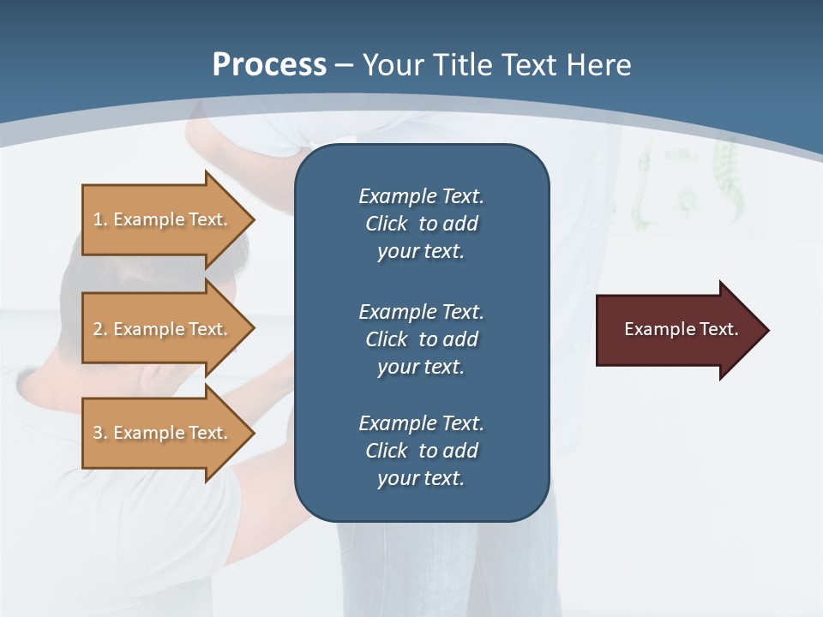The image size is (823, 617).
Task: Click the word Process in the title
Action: [269, 65]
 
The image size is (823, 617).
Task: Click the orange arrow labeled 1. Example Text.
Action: [163, 219]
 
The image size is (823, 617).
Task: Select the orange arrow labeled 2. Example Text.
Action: [163, 329]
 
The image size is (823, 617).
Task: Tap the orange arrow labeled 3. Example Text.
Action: [163, 433]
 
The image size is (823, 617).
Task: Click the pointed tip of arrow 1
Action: [251, 219]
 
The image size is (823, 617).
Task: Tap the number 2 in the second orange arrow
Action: [98, 329]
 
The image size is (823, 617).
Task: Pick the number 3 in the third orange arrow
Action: [98, 433]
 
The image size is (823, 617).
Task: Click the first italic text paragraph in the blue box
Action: [421, 224]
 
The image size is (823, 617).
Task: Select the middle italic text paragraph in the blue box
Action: [421, 339]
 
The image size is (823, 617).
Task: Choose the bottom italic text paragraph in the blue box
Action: [421, 451]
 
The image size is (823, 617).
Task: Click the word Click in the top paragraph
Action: [387, 224]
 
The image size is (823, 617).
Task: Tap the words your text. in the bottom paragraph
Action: [421, 478]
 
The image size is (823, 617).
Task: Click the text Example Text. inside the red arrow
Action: [681, 329]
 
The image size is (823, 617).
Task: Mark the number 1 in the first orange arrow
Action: [98, 219]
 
